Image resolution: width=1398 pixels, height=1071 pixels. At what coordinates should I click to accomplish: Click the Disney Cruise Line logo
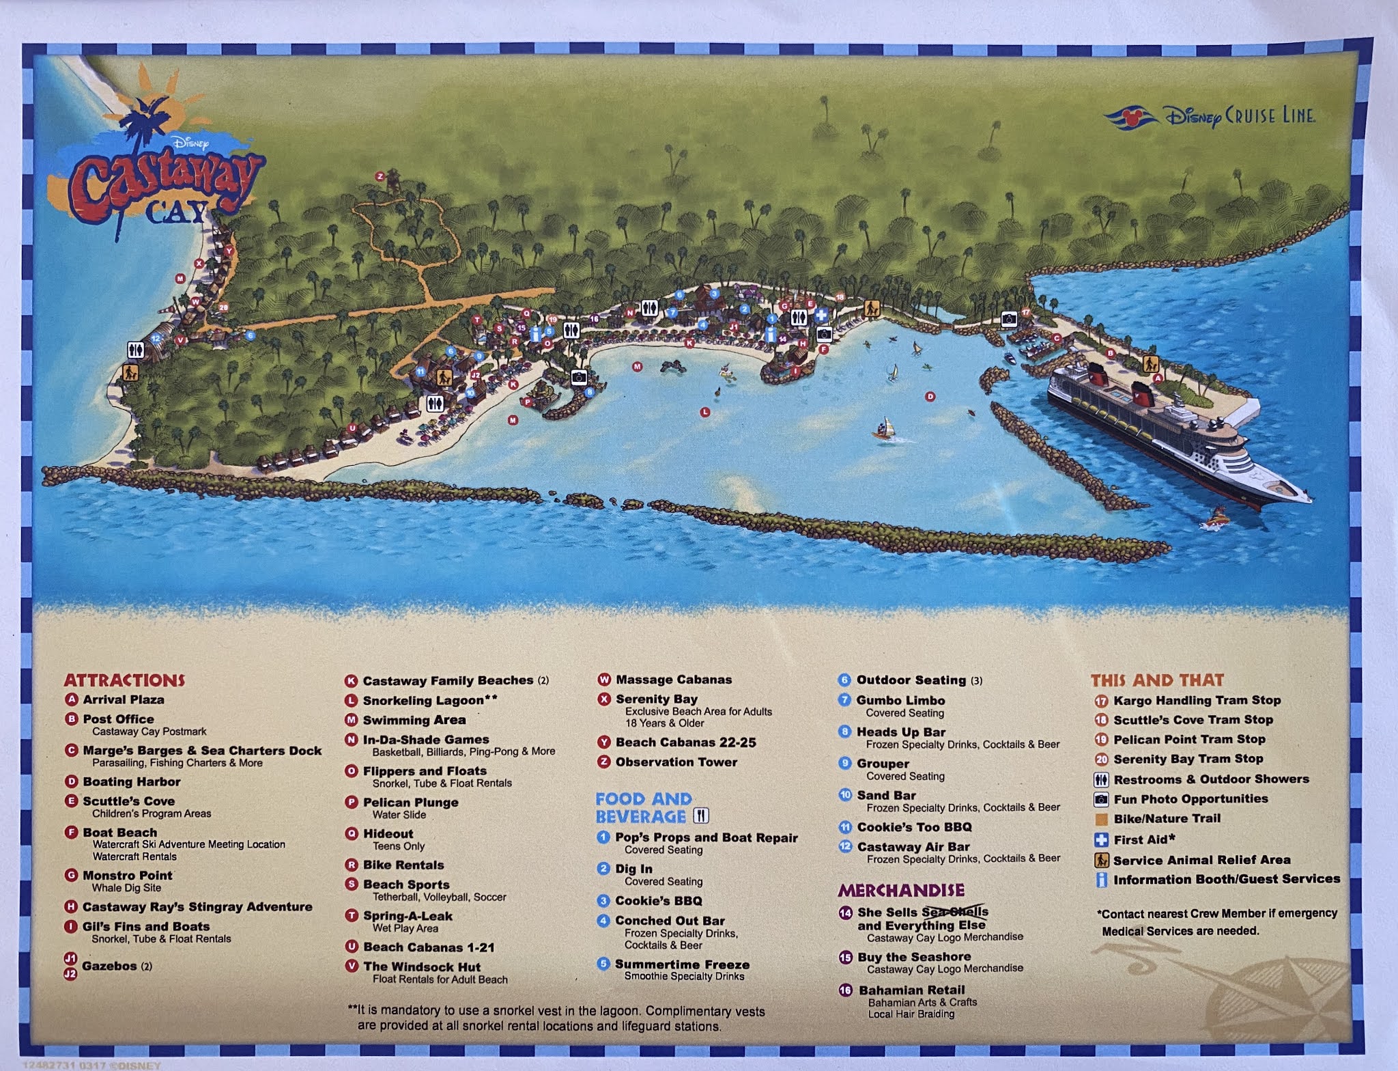coord(1209,117)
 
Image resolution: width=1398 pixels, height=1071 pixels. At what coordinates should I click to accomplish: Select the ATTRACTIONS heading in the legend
coord(124,680)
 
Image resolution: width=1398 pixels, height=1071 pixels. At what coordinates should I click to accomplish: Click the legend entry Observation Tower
coord(676,762)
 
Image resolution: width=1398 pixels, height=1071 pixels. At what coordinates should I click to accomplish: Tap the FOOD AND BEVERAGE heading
coord(644,808)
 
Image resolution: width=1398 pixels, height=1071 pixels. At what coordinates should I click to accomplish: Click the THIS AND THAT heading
coord(1157,680)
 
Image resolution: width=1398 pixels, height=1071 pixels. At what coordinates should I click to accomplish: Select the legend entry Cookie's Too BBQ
coord(914,827)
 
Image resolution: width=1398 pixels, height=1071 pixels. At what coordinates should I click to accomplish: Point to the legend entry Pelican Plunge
coord(410,803)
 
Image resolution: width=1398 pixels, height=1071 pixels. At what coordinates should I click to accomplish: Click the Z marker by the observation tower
coord(380,176)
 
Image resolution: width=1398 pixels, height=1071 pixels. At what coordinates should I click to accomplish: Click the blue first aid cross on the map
coord(821,316)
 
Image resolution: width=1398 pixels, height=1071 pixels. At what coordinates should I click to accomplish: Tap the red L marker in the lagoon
coord(705,412)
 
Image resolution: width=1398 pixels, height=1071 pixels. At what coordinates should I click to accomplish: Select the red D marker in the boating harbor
coord(929,396)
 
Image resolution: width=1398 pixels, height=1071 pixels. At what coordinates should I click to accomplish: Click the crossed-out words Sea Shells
coord(954,913)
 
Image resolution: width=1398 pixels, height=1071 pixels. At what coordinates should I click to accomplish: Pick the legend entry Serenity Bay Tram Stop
coord(1188,760)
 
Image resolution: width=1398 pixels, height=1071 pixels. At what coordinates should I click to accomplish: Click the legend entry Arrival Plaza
coord(123,699)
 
